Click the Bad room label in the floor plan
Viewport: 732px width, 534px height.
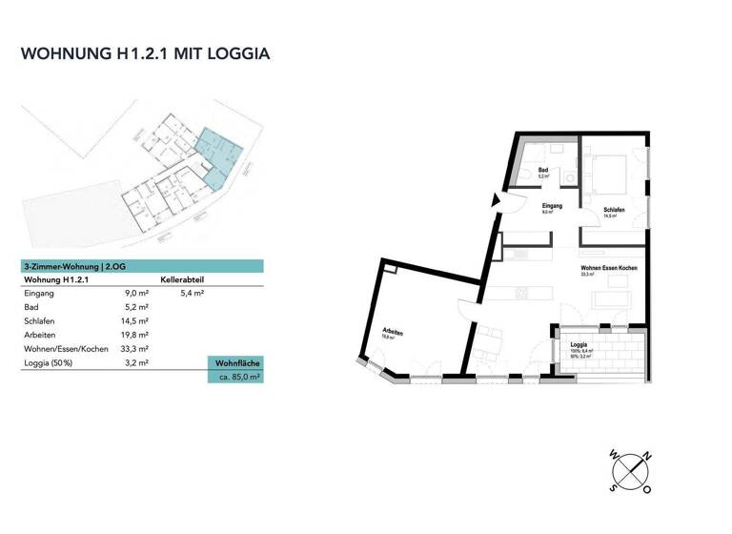[x=542, y=170]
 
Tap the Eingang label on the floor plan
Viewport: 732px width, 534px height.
[x=552, y=206]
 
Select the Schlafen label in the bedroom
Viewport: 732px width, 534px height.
[x=614, y=210]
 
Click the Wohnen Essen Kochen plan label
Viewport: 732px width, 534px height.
[x=608, y=269]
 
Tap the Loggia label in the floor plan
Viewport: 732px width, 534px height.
[x=578, y=345]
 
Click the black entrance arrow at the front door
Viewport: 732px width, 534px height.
[x=494, y=200]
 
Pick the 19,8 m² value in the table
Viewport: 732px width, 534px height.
[x=136, y=336]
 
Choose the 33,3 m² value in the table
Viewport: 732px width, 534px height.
[x=136, y=350]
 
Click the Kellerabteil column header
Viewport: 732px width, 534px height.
[x=183, y=280]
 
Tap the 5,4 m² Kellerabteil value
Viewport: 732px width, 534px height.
[x=193, y=295]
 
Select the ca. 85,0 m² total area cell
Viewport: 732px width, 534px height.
[x=235, y=378]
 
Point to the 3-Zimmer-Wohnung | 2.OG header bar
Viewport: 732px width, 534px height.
[x=142, y=267]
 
